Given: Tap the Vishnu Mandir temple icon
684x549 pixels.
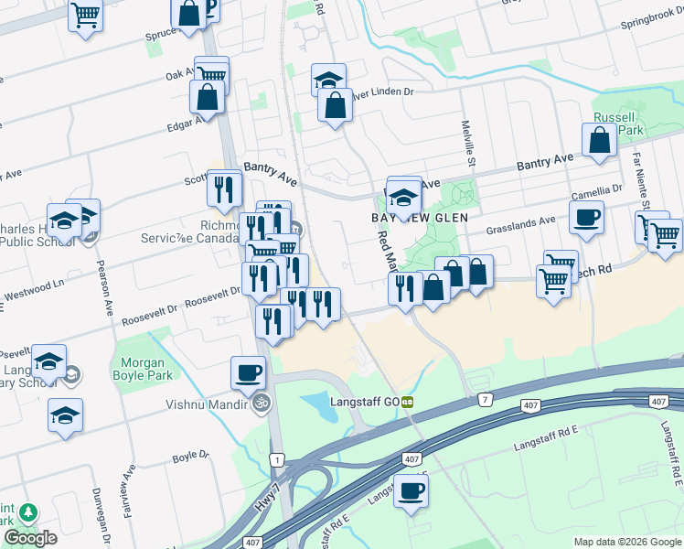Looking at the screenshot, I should coord(262,404).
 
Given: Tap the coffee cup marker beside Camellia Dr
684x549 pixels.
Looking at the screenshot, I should coord(586,217).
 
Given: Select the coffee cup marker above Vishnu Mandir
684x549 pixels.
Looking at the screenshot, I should coord(247,372).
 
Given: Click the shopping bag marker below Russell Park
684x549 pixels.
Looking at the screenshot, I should coord(600,141).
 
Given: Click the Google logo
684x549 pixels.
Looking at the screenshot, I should coord(31,538).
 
